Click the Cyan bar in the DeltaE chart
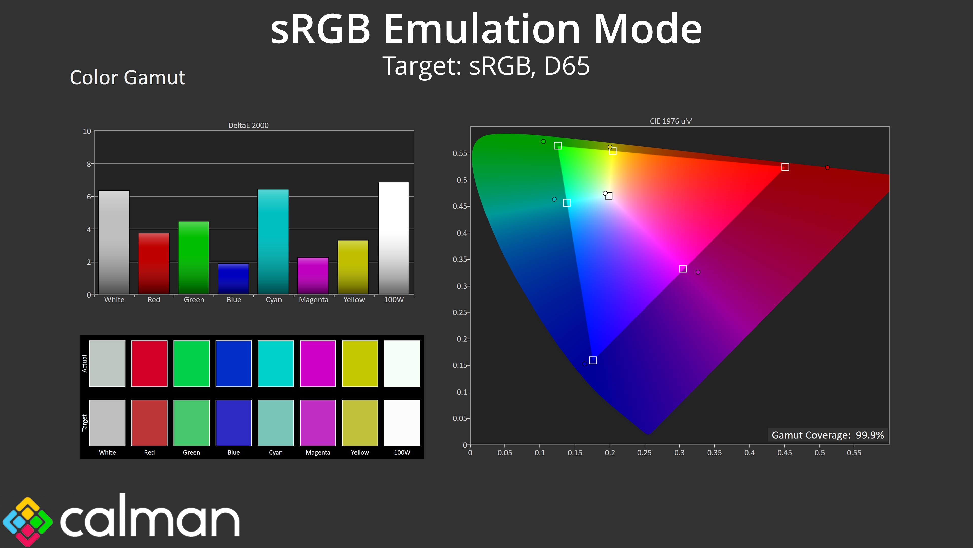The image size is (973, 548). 273,241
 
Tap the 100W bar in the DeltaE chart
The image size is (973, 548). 394,238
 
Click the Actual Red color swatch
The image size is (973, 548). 149,364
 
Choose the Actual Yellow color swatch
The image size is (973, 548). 360,364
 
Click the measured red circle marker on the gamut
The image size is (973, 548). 827,167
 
